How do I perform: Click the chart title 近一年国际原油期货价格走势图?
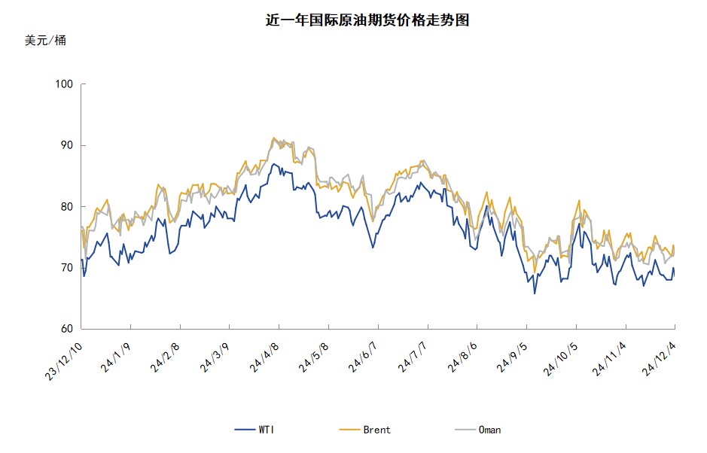click(367, 20)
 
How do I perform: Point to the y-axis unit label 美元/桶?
click(45, 41)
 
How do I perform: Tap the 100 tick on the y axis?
click(64, 84)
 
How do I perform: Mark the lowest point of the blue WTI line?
click(535, 293)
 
